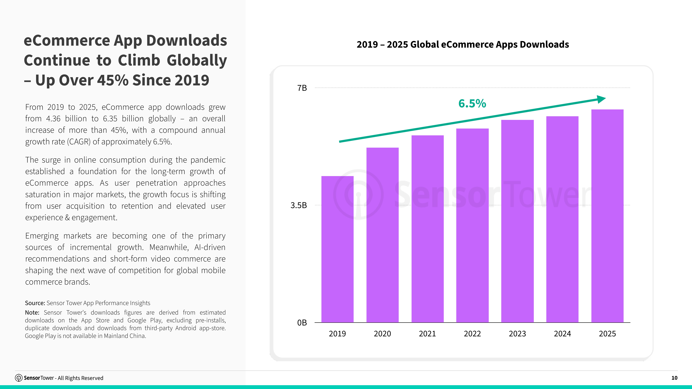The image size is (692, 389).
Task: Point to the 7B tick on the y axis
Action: pos(302,88)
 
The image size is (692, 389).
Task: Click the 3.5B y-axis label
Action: pos(298,205)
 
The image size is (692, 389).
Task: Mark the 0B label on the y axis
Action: pos(302,323)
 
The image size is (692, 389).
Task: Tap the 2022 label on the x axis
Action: pos(472,334)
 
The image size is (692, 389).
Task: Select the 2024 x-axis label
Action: pos(562,334)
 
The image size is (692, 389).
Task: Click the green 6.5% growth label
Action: pos(472,104)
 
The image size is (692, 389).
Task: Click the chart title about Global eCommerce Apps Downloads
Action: pos(463,44)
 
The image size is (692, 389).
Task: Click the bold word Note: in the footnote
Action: pos(32,312)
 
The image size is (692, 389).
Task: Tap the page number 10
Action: pos(674,378)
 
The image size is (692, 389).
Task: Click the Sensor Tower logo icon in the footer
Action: pos(19,378)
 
